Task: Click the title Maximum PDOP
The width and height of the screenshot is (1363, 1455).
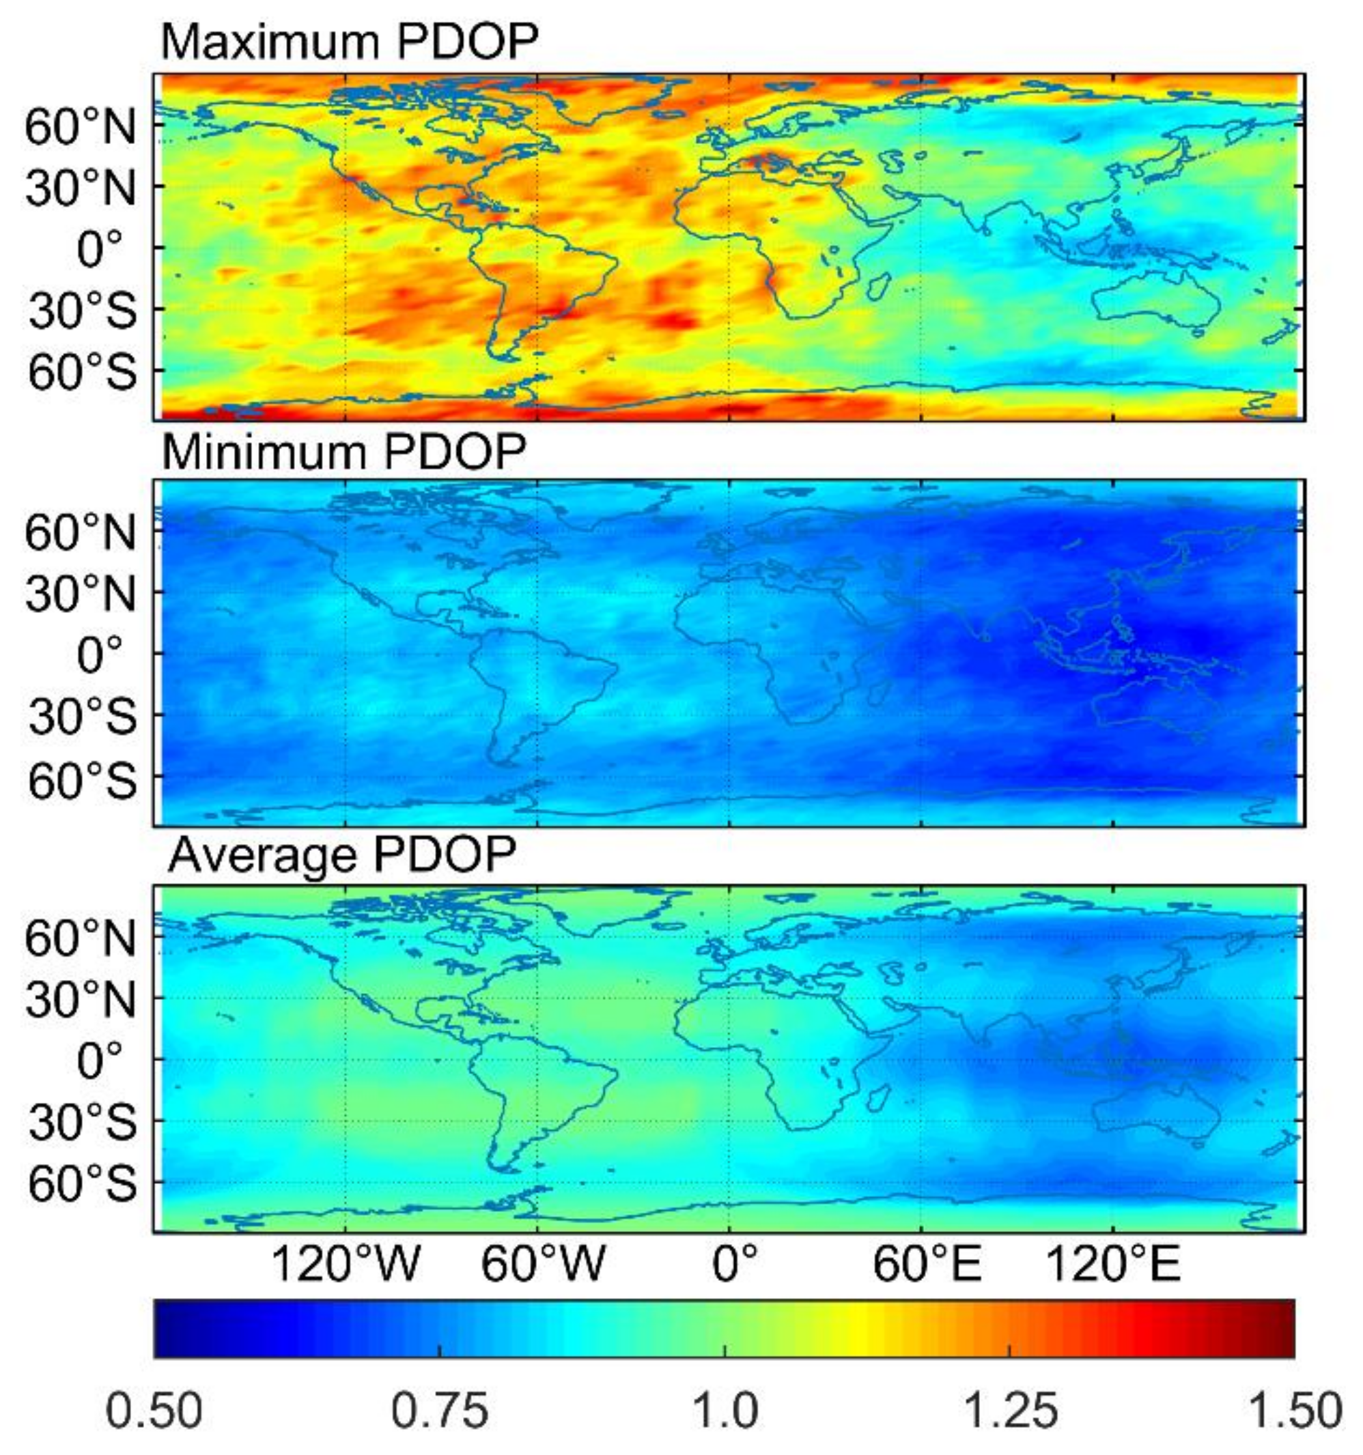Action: [350, 42]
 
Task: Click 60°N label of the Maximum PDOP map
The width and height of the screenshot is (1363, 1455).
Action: [81, 128]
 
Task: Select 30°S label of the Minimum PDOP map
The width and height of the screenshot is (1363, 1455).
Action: [82, 717]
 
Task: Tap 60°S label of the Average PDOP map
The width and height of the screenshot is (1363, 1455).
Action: [82, 1183]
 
